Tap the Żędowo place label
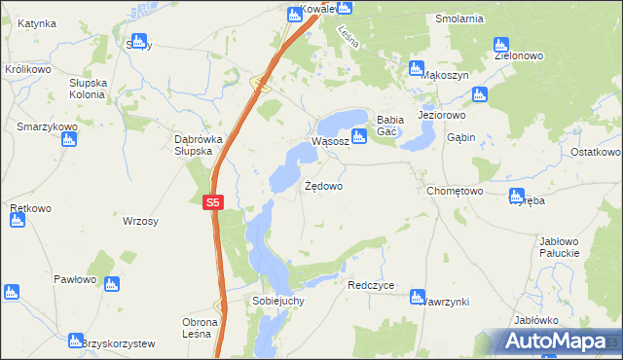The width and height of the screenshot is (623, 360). [x=323, y=185]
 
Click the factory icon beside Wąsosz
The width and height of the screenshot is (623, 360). [x=358, y=137]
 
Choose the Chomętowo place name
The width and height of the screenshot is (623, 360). [x=455, y=192]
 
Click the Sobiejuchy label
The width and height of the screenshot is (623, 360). [x=278, y=302]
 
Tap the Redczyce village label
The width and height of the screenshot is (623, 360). [x=371, y=286]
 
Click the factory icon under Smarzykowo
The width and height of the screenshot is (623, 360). [x=68, y=139]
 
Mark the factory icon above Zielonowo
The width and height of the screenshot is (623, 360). [x=501, y=44]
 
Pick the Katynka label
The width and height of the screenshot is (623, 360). [x=36, y=22]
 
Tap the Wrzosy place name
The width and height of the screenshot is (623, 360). [x=140, y=222]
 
